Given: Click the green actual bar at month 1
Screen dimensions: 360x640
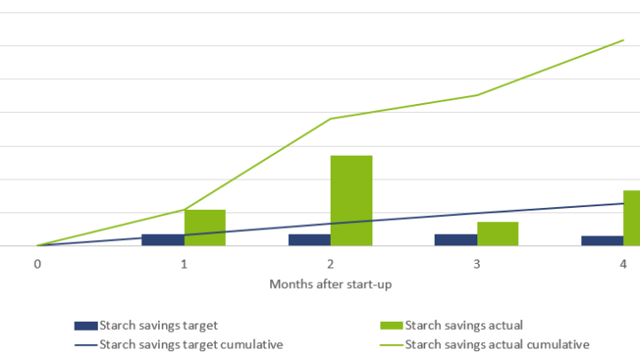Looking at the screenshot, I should (x=204, y=228).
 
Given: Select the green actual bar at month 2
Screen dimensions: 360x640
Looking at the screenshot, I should (x=351, y=201).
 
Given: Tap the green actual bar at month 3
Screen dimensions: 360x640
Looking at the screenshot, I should (x=498, y=234).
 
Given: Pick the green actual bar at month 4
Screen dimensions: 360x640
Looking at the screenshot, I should (x=631, y=218).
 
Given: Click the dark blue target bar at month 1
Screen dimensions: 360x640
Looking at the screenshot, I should (x=163, y=240).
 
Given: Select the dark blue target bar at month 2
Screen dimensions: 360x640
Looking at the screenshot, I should (x=309, y=240).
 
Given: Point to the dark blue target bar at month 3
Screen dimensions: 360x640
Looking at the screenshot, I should (x=455, y=240).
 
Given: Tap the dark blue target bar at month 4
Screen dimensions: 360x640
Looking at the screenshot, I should (x=602, y=241).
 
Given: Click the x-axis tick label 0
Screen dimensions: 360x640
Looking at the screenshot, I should (x=37, y=265).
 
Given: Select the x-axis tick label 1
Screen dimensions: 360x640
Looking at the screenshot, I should (x=184, y=265).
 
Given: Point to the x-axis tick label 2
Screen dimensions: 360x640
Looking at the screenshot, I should (x=331, y=265).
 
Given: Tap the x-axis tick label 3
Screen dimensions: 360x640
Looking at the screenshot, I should (x=476, y=265).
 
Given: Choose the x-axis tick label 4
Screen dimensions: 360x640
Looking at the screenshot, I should (x=623, y=265).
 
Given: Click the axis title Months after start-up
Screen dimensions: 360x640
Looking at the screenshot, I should (x=331, y=284).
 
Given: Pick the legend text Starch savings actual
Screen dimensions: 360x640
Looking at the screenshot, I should (x=463, y=325).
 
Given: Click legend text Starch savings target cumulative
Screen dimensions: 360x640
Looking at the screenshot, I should (x=191, y=344).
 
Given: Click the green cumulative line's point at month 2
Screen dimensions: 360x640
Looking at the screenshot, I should (x=331, y=118).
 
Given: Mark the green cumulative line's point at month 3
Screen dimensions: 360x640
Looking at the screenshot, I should (x=476, y=95).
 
